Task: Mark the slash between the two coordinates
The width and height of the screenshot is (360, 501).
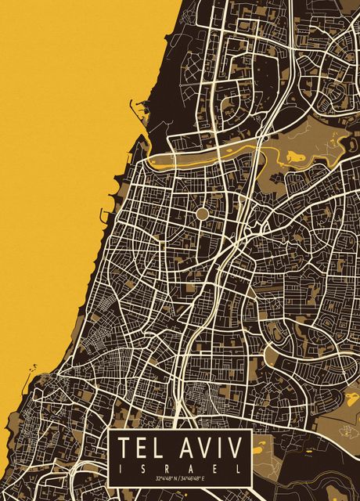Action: click(x=181, y=478)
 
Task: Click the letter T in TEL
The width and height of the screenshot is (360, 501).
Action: click(x=124, y=449)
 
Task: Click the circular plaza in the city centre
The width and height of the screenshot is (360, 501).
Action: click(x=202, y=213)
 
